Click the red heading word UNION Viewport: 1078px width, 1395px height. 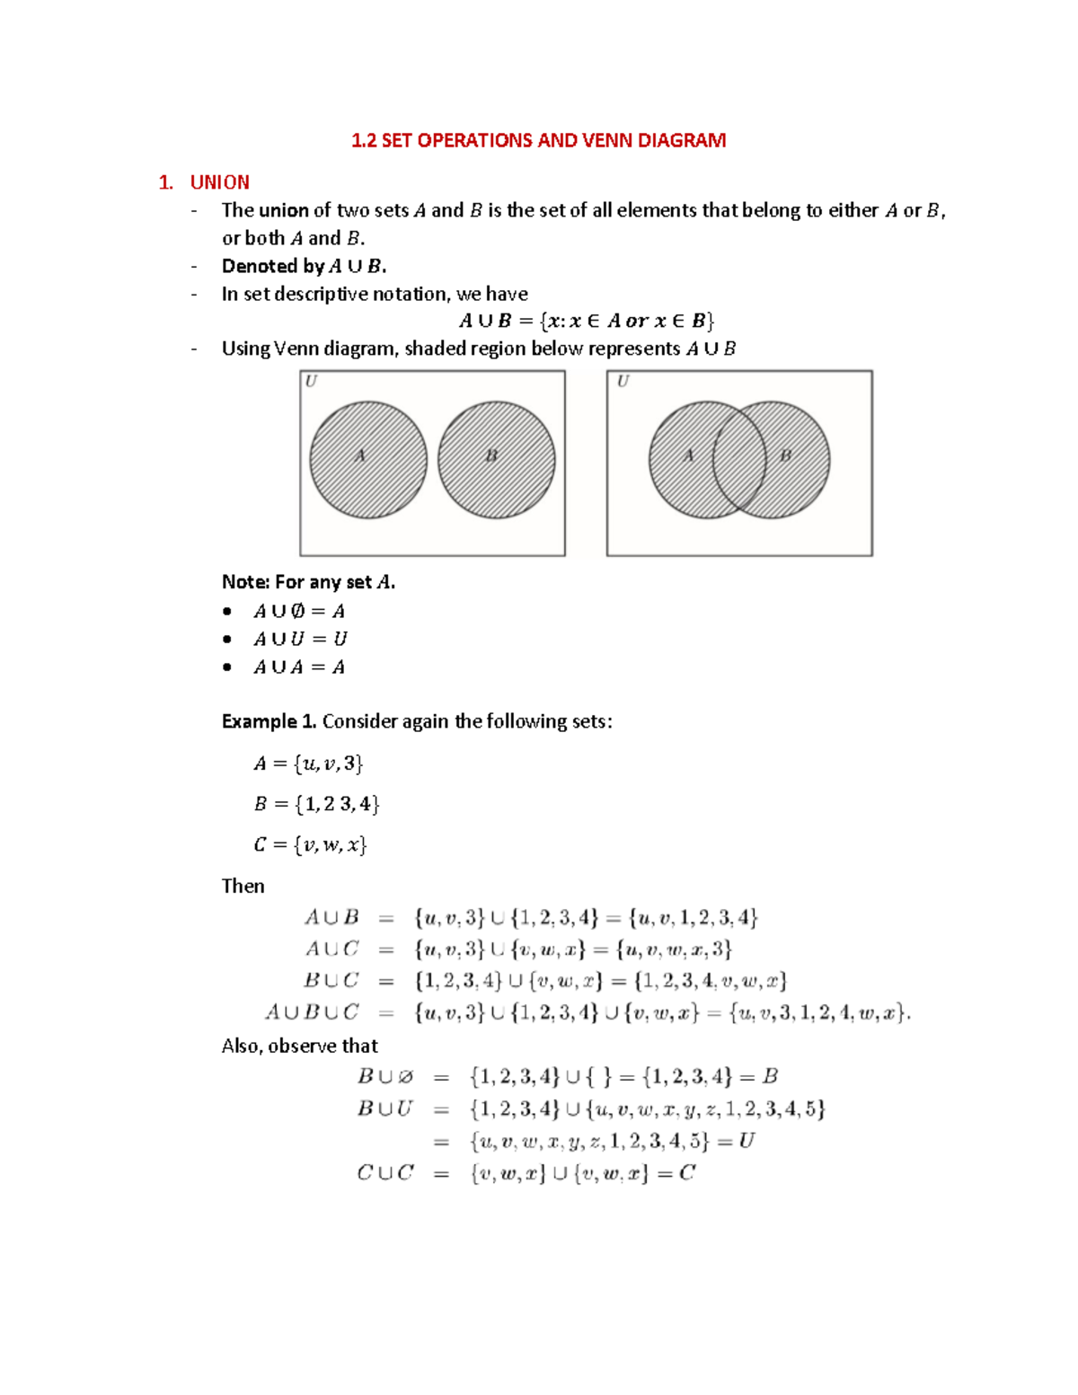219,182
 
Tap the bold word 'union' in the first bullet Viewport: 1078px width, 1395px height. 284,210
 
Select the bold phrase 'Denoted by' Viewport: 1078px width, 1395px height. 272,266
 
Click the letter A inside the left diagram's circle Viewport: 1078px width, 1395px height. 360,455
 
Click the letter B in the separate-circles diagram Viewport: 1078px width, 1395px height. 491,455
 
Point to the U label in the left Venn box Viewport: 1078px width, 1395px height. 311,382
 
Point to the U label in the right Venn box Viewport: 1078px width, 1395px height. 623,382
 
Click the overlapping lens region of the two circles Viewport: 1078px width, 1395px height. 739,460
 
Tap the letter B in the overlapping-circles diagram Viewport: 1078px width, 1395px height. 786,455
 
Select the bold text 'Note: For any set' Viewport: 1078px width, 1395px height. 296,582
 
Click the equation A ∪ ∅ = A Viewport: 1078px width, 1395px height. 299,612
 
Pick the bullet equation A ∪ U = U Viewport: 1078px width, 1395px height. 300,640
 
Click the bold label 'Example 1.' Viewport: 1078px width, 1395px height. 269,721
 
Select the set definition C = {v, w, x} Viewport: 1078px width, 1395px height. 310,844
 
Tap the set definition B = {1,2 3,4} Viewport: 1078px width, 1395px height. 316,804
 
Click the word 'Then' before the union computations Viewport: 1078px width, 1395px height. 243,886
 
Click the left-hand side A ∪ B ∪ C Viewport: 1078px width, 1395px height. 312,1012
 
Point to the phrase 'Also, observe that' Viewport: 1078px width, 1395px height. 299,1046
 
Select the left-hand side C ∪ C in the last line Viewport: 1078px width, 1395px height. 385,1173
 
